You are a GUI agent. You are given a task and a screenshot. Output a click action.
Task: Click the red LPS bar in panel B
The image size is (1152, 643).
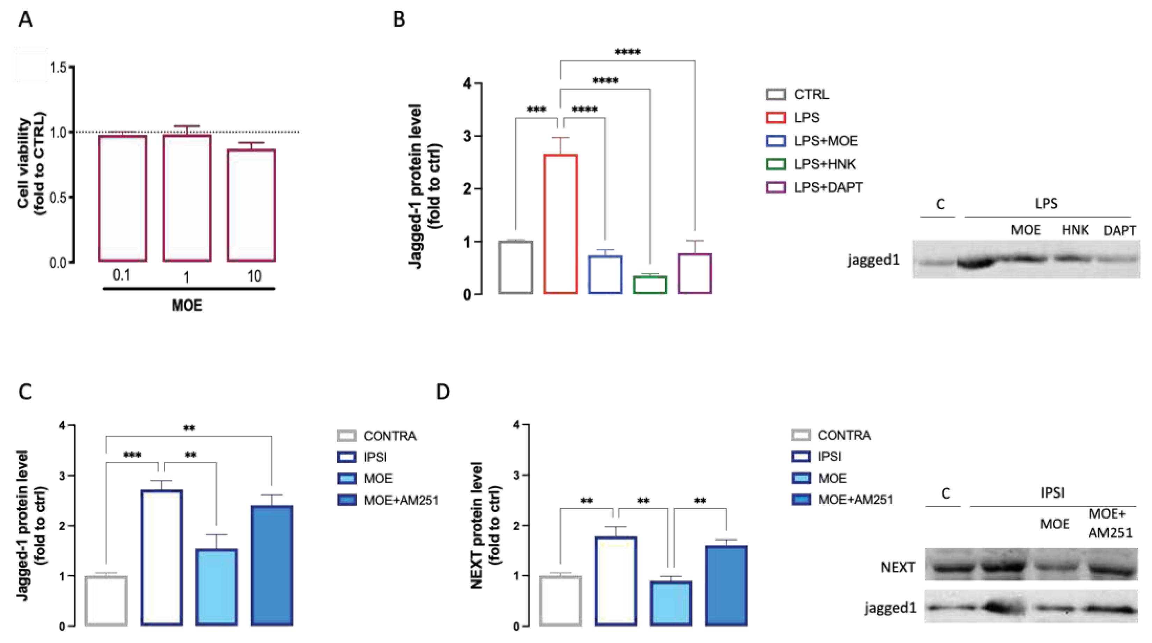point(560,224)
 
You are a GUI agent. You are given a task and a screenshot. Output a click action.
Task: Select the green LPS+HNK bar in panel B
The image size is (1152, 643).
point(650,285)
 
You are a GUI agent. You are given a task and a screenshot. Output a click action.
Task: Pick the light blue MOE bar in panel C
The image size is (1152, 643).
point(217,587)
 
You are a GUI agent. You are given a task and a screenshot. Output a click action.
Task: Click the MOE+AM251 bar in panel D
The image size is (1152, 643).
point(726,585)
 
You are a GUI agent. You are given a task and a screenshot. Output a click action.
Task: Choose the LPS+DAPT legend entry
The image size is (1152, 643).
point(827,188)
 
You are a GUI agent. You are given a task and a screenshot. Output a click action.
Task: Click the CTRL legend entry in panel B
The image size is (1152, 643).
point(810,94)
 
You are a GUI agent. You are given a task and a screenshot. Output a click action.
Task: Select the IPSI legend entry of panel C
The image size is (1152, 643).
point(374,457)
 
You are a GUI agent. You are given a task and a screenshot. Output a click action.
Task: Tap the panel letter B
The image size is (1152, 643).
point(399,20)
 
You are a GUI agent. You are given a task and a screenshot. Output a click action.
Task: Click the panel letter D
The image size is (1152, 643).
point(442,392)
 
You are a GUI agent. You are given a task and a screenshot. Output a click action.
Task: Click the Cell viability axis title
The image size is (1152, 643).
point(31,163)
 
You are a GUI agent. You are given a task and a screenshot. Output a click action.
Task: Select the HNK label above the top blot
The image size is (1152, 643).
point(1074,230)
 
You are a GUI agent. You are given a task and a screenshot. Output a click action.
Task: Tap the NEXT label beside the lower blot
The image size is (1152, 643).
point(897,568)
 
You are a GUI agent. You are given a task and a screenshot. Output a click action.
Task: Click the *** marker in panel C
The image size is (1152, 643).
point(132,455)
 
